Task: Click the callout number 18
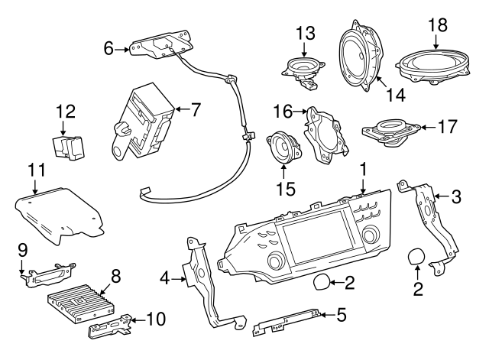437,26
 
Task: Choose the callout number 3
455,197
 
